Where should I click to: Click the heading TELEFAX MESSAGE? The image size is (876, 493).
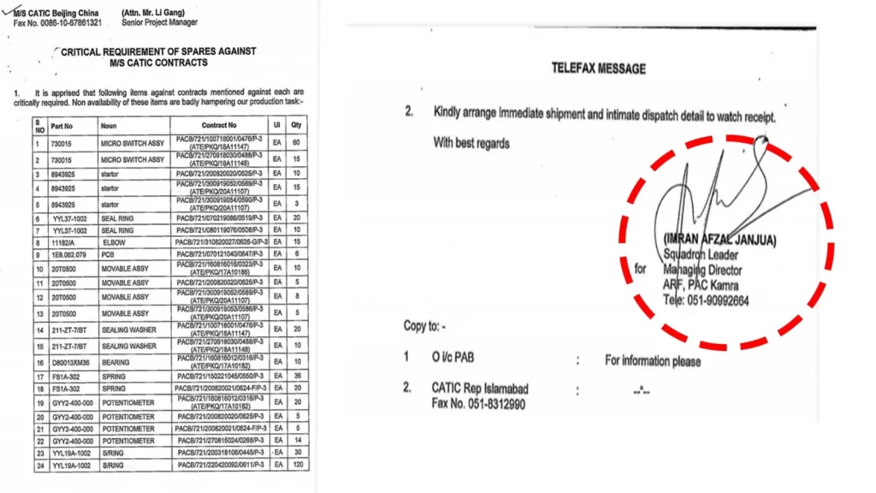(x=598, y=68)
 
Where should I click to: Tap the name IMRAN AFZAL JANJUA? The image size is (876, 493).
(x=719, y=241)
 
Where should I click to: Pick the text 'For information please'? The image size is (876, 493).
(x=653, y=360)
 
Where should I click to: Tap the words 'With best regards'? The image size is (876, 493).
(x=471, y=143)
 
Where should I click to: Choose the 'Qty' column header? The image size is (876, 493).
(x=297, y=125)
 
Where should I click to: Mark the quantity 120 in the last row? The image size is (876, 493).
(x=297, y=465)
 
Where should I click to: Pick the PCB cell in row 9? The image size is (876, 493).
(x=109, y=254)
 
